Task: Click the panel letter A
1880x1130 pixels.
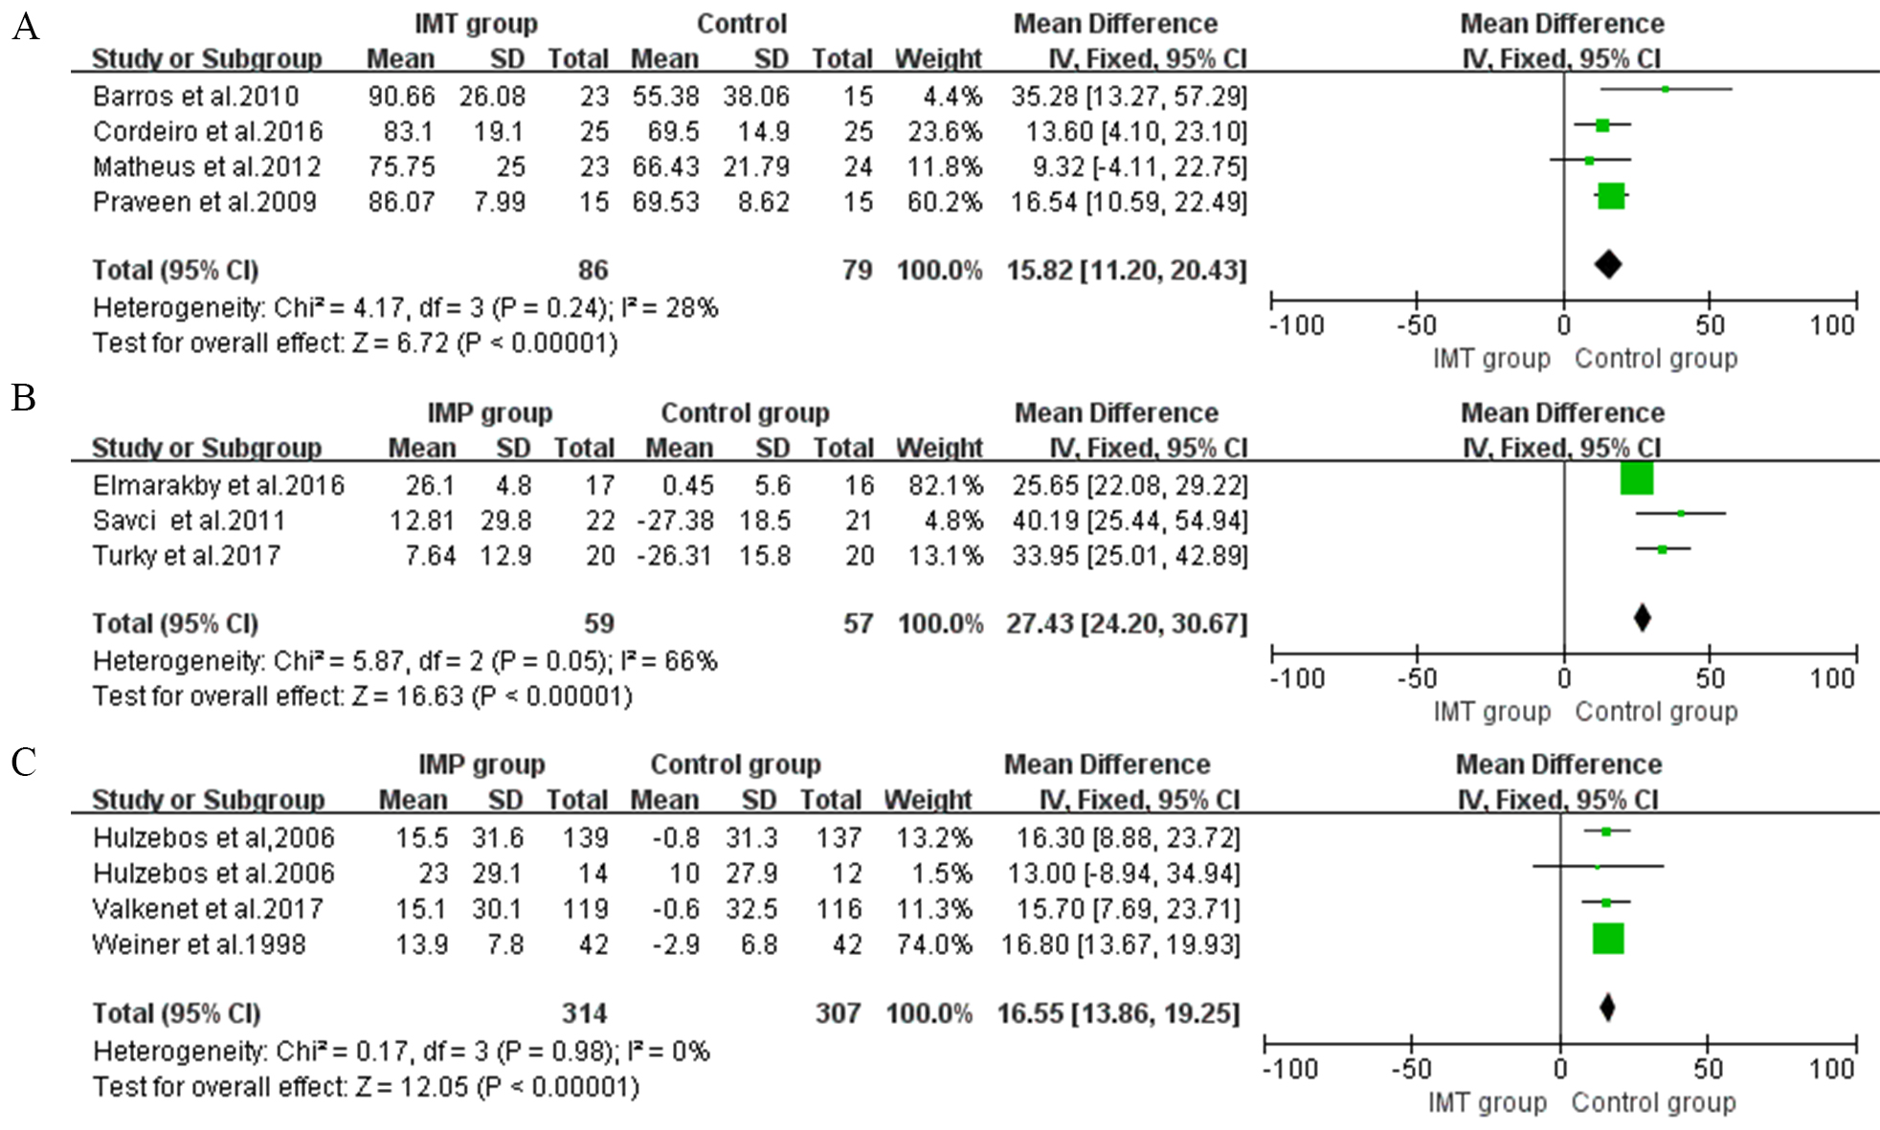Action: coord(25,27)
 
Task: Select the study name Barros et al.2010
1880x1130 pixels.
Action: coord(195,97)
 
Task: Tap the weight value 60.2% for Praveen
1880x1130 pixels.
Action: coord(945,202)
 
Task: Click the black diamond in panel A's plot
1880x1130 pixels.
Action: coord(1608,265)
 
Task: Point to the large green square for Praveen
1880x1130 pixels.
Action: coord(1611,196)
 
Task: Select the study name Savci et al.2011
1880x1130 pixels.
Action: coord(189,521)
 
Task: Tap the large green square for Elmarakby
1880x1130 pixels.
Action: coord(1636,478)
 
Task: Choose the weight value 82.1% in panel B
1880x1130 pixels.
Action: coord(946,486)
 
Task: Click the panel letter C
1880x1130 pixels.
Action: coord(24,763)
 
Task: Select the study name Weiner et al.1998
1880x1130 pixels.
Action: coord(199,944)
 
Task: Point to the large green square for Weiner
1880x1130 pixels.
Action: coord(1608,939)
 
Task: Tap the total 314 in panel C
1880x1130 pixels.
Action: coord(584,1013)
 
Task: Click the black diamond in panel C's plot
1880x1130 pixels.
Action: coord(1607,1008)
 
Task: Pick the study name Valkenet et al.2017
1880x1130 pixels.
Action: coord(208,909)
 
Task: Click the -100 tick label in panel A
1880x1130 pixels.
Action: coord(1296,325)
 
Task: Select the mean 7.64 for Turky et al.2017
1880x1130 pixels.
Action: coord(430,556)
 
